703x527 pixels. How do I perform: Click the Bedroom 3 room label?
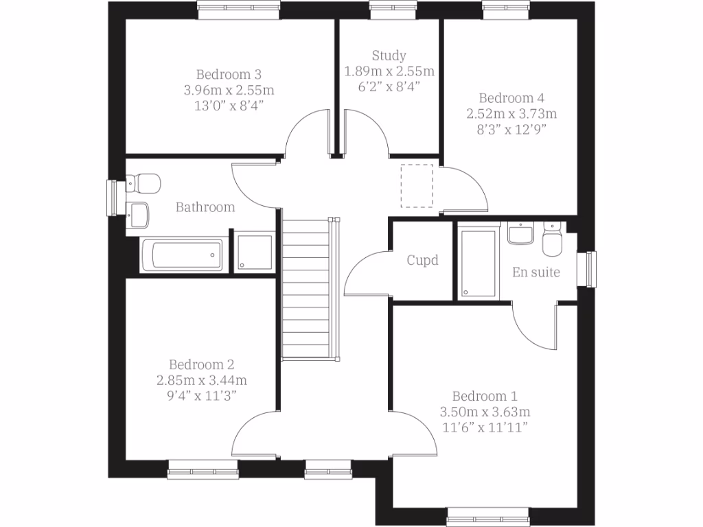229,74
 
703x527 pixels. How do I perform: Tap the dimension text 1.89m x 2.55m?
389,71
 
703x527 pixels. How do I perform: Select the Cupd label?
422,261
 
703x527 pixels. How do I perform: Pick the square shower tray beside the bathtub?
254,253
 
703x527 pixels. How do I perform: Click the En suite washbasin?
521,233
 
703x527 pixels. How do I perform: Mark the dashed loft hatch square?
417,185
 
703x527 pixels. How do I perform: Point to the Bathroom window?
112,199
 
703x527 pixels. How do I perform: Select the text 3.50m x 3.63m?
485,412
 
